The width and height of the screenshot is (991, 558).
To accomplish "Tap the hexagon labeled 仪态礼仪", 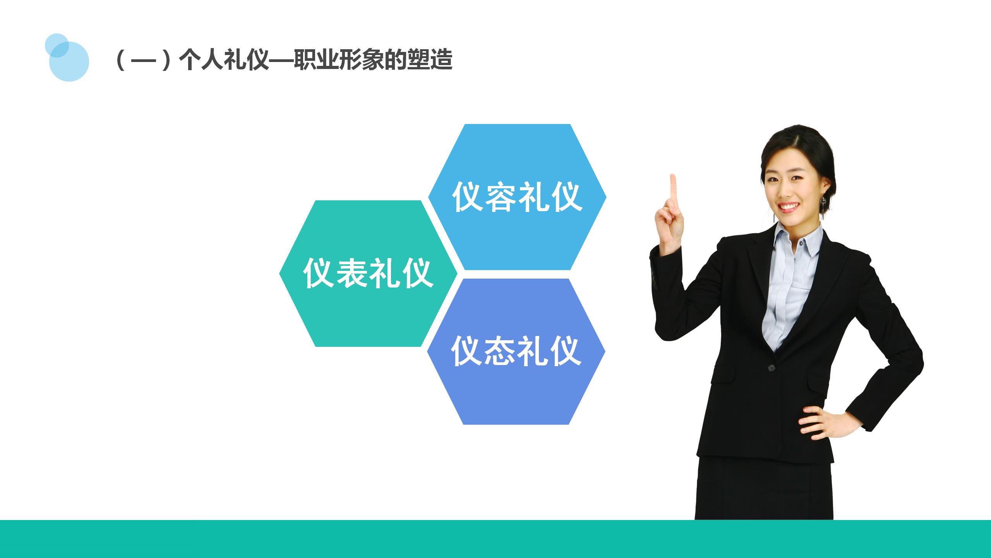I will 516,387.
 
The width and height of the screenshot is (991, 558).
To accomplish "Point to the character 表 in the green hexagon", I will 351,274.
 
